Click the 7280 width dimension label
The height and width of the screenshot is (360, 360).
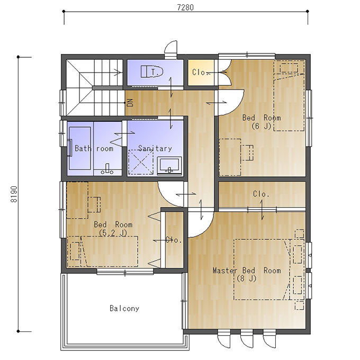[x=185, y=7]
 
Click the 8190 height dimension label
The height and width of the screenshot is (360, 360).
[x=14, y=194]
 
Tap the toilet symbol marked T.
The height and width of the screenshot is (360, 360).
[x=152, y=71]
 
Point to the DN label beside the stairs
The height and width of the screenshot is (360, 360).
[x=130, y=102]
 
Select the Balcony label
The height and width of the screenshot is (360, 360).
[x=124, y=308]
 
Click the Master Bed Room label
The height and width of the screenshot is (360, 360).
[x=247, y=271]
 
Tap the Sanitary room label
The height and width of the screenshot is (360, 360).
[x=155, y=148]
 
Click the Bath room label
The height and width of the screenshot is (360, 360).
[x=94, y=148]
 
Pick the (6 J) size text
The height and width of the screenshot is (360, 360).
[x=262, y=126]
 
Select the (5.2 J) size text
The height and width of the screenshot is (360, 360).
[x=113, y=233]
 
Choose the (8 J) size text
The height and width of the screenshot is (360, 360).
[x=246, y=278]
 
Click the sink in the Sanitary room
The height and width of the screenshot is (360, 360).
[x=169, y=166]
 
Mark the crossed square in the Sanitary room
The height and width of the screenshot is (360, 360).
[x=141, y=162]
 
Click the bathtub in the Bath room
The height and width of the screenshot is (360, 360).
[x=79, y=148]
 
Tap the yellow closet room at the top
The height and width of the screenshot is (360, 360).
[x=201, y=73]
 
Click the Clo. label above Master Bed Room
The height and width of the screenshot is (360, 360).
[x=261, y=194]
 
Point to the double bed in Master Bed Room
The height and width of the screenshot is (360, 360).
[x=262, y=269]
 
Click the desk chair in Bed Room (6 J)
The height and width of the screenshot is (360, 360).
[x=247, y=152]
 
